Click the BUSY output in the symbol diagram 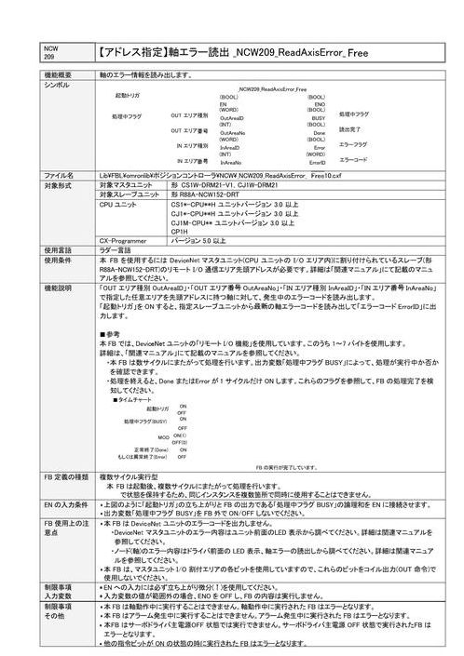pos(318,118)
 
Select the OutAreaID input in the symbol pos(232,119)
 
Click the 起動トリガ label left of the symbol pos(128,95)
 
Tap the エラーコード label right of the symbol pos(353,159)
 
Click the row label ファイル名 pos(59,175)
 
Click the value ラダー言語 pos(116,250)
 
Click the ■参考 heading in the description pos(110,333)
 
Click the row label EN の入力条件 pos(66,503)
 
